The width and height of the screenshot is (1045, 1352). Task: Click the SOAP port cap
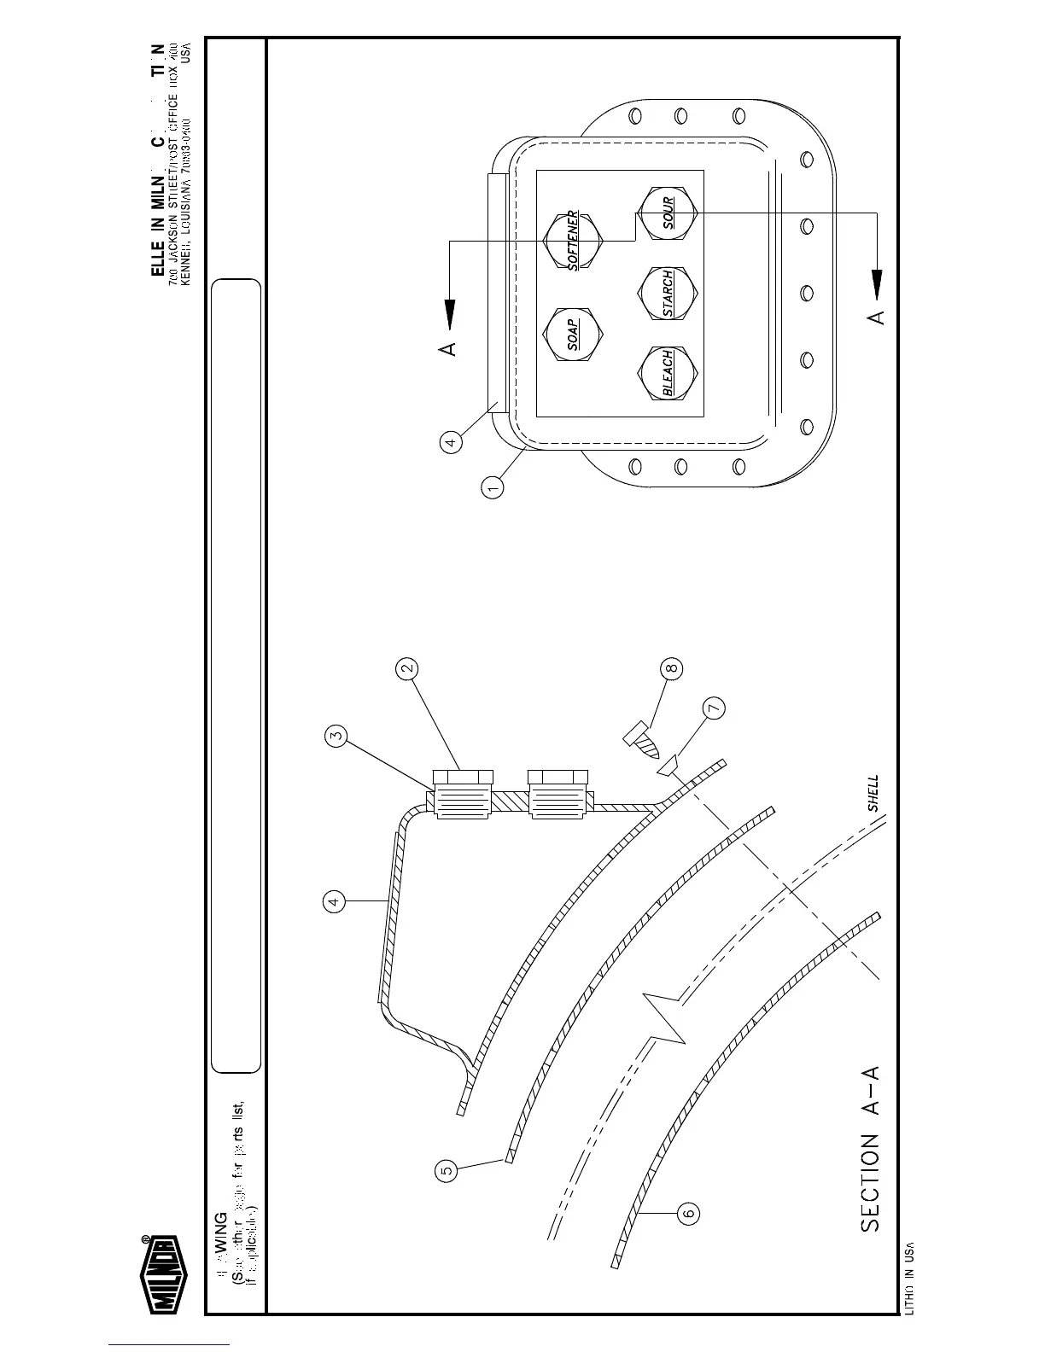574,334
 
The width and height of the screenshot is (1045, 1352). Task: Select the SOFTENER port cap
574,238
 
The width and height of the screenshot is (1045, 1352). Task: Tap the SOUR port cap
668,212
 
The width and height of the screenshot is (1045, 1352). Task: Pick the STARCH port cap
668,294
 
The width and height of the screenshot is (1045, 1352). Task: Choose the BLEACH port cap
668,373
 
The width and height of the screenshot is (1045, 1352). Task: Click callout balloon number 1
493,488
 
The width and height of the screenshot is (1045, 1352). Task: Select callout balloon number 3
336,736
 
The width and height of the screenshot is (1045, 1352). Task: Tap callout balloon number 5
446,1170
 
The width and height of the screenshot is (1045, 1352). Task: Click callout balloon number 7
714,708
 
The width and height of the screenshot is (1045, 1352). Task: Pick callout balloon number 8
673,668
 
